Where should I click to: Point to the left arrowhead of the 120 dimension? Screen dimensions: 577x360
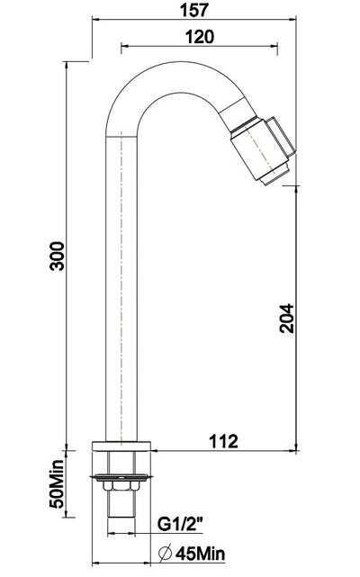(123, 48)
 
